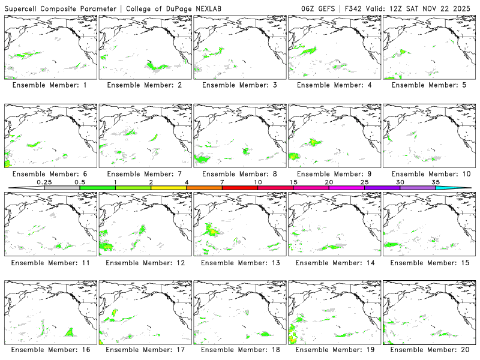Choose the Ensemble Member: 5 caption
click(x=430, y=85)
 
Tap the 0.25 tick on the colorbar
click(x=44, y=182)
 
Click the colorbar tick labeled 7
click(x=222, y=182)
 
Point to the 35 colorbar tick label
click(x=436, y=182)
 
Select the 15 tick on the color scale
click(x=293, y=182)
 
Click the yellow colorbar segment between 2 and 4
click(x=169, y=188)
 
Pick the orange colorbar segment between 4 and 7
click(x=204, y=188)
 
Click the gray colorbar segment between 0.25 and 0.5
click(x=62, y=188)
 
